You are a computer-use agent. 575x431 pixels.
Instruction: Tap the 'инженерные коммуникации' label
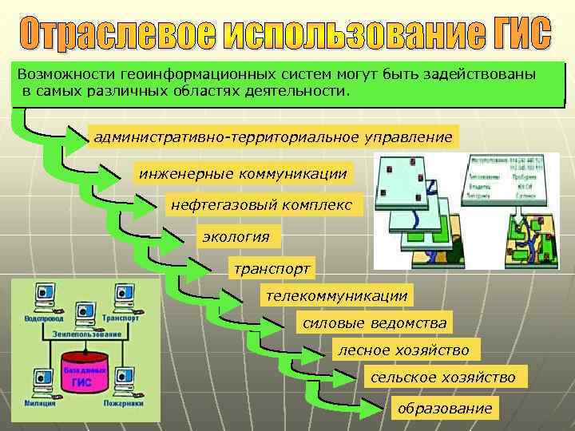(244, 173)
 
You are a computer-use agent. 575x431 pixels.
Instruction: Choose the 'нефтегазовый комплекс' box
(261, 205)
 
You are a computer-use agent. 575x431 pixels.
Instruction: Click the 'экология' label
(236, 236)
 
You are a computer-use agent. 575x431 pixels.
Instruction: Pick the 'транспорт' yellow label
(270, 267)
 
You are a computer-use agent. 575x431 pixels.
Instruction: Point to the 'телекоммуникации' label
(336, 295)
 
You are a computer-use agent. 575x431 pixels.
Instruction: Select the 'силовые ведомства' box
(374, 323)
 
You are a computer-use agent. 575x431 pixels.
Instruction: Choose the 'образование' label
(445, 408)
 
